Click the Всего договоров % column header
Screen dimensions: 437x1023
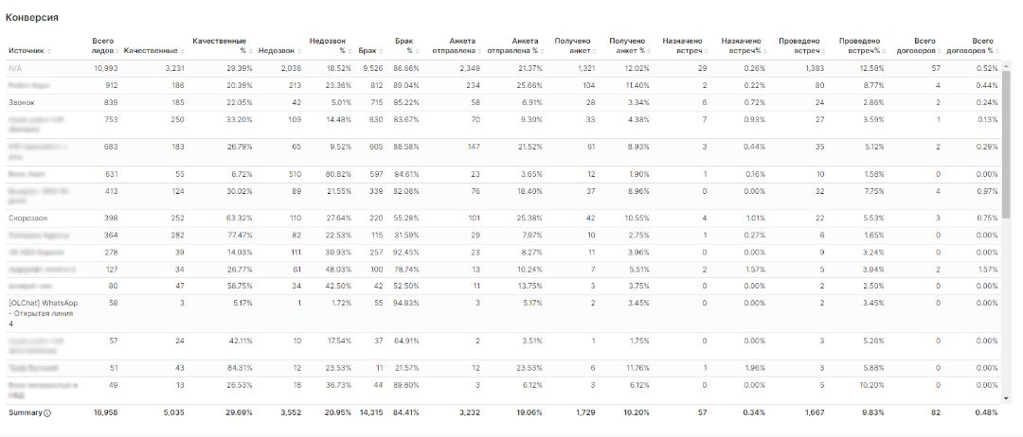pos(981,45)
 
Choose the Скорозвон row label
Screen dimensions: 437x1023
pos(27,218)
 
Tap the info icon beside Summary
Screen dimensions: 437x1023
pos(47,413)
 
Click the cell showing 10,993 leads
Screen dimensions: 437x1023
pos(104,68)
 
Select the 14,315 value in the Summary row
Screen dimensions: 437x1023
pos(371,413)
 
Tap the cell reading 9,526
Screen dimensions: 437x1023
pos(372,68)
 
